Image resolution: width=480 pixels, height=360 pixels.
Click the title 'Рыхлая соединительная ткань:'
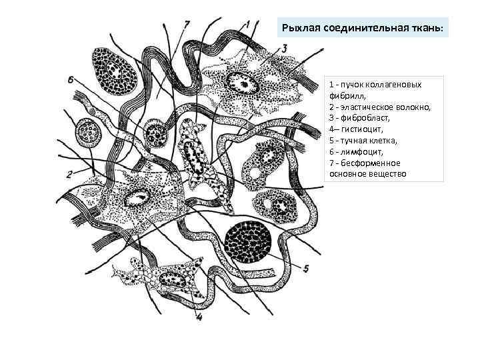365,29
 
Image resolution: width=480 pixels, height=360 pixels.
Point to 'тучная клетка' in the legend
368,140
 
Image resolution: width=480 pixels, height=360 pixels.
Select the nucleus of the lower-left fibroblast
139,197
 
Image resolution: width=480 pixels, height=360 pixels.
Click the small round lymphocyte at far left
87,132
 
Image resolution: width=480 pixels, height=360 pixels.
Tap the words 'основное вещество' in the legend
367,174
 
